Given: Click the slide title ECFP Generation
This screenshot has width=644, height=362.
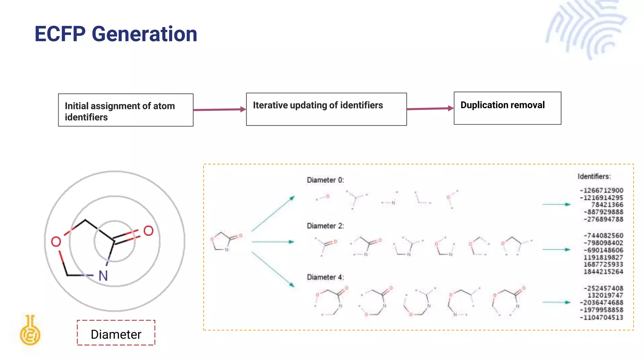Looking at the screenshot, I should pyautogui.click(x=116, y=34).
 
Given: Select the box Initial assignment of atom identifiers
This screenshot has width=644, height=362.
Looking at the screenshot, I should pyautogui.click(x=126, y=110).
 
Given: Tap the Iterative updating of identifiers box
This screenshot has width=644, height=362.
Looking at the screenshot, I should pyautogui.click(x=326, y=109).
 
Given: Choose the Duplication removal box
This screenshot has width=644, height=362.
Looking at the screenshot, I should pyautogui.click(x=507, y=108).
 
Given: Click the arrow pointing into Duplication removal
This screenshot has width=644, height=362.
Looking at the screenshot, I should pyautogui.click(x=430, y=109).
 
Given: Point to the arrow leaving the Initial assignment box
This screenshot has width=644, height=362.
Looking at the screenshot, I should pyautogui.click(x=219, y=110).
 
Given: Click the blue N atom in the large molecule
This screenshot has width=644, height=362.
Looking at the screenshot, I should pyautogui.click(x=103, y=276).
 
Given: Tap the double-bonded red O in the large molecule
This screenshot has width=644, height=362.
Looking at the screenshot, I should pyautogui.click(x=148, y=231).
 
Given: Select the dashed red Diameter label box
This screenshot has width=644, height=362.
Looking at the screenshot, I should pyautogui.click(x=116, y=333).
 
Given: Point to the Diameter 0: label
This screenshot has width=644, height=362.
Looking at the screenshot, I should pyautogui.click(x=325, y=180).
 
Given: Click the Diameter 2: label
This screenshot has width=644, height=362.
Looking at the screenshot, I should pyautogui.click(x=325, y=226).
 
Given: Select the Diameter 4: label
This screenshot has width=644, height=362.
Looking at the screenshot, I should pyautogui.click(x=325, y=277).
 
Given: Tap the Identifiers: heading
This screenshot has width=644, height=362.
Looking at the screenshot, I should pyautogui.click(x=594, y=177).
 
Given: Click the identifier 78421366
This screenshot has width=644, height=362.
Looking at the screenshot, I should pyautogui.click(x=607, y=205).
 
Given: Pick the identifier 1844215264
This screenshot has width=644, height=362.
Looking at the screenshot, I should pyautogui.click(x=603, y=272).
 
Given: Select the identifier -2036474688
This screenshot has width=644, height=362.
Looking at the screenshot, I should pyautogui.click(x=602, y=303).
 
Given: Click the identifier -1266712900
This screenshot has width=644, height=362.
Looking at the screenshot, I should pyautogui.click(x=602, y=190).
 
